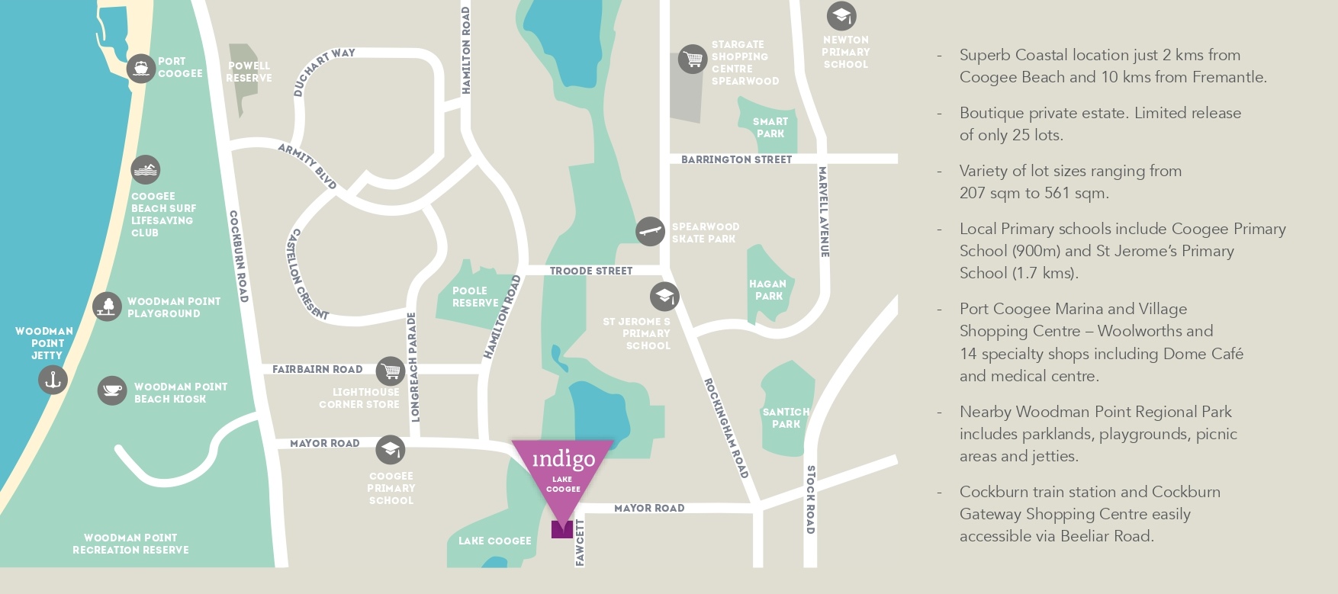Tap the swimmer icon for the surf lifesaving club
[x=145, y=170]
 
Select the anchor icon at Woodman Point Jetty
[x=53, y=380]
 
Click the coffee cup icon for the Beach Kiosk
[x=112, y=390]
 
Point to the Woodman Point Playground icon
[x=107, y=307]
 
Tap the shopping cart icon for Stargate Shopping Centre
[x=693, y=59]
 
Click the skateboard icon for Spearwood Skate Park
[x=650, y=231]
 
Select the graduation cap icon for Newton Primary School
[x=841, y=15]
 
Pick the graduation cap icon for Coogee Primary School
[x=391, y=449]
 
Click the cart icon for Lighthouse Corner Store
[x=391, y=371]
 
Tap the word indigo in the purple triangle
[x=563, y=459]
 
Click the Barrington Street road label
[x=736, y=159]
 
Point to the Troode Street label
[x=590, y=271]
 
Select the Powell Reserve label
[x=249, y=72]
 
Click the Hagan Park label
[x=767, y=290]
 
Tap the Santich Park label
[x=786, y=418]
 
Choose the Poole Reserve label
[x=474, y=297]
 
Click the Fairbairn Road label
[x=317, y=369]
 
